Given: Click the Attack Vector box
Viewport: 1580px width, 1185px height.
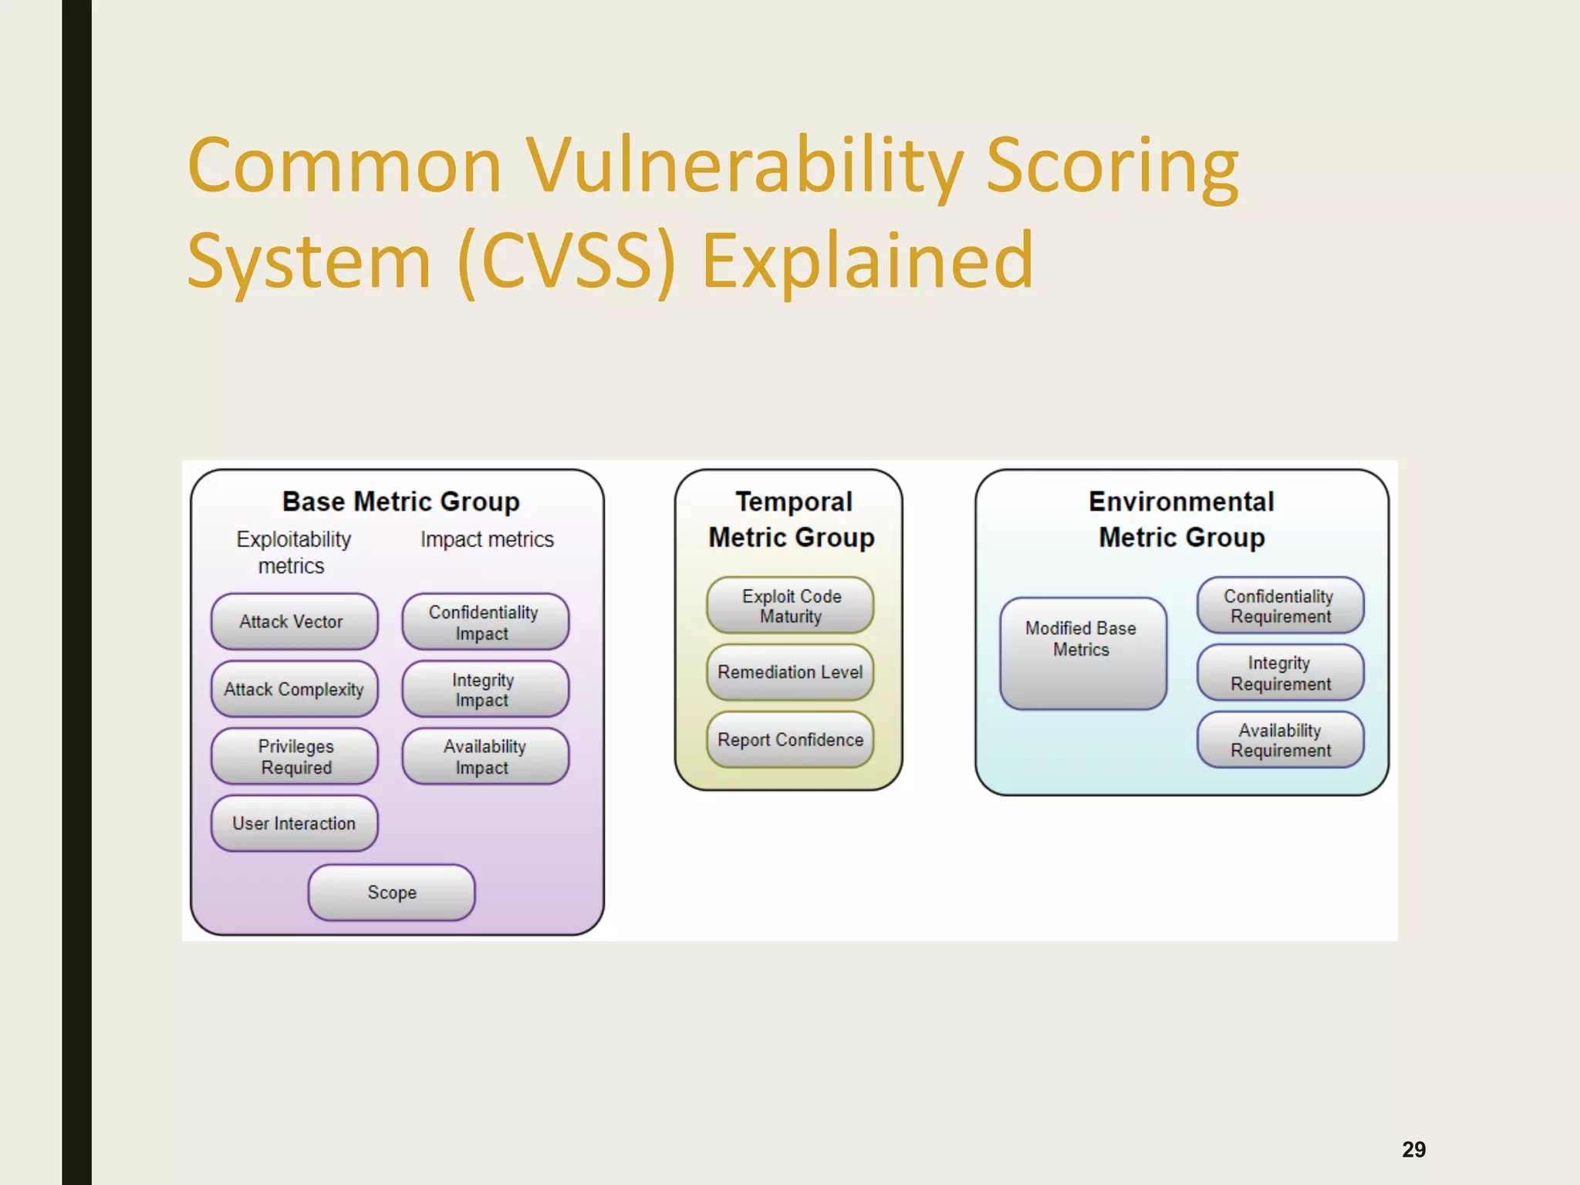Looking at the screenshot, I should pyautogui.click(x=294, y=621).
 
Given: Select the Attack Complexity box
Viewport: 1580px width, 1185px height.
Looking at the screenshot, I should pyautogui.click(x=294, y=689).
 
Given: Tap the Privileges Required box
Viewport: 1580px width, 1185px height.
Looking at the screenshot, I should pyautogui.click(x=294, y=756).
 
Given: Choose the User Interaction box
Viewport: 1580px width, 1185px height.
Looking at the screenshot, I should pyautogui.click(x=294, y=823).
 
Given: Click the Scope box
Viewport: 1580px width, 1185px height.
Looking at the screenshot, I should pyautogui.click(x=391, y=892).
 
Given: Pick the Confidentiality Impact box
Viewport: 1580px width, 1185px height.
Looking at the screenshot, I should pyautogui.click(x=484, y=622).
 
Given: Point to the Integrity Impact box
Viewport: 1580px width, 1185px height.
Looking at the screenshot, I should pyautogui.click(x=484, y=689).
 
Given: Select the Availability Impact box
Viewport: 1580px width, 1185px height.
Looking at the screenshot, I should pyautogui.click(x=484, y=756).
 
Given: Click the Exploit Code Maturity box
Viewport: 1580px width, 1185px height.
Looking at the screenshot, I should pyautogui.click(x=790, y=606).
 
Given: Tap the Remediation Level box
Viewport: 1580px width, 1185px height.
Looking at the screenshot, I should pyautogui.click(x=790, y=672).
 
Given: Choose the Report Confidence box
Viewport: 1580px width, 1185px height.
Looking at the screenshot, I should pyautogui.click(x=790, y=739).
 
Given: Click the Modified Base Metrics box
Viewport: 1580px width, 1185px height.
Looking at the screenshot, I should pyautogui.click(x=1082, y=653).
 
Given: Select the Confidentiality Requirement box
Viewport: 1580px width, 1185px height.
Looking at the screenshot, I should pyautogui.click(x=1280, y=606).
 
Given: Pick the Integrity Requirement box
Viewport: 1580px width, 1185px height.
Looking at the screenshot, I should pyautogui.click(x=1280, y=673).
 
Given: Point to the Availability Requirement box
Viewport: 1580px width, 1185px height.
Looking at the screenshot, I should pyautogui.click(x=1280, y=739).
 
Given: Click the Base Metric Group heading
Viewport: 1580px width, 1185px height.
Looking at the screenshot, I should pyautogui.click(x=400, y=501).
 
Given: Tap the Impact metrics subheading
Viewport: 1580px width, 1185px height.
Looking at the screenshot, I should pyautogui.click(x=487, y=539).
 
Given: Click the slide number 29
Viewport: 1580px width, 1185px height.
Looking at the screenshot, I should pyautogui.click(x=1413, y=1150).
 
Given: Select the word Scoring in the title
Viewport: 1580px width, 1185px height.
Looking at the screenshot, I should pyautogui.click(x=1112, y=167).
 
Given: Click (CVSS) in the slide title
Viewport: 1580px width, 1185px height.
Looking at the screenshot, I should pyautogui.click(x=566, y=262).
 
